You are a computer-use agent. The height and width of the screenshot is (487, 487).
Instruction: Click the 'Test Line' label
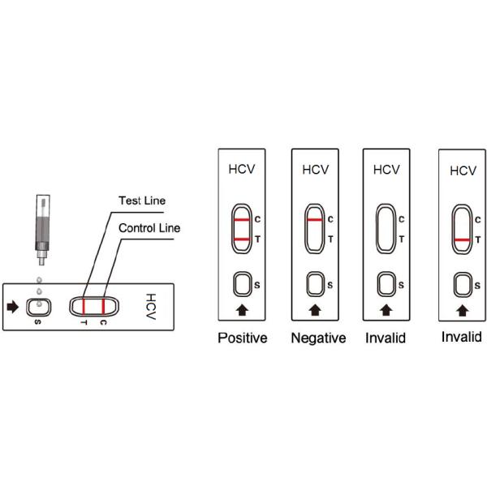point(142,200)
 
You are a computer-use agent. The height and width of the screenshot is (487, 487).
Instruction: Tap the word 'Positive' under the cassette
point(242,338)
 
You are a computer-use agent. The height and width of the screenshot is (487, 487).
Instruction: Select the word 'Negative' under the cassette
point(318,338)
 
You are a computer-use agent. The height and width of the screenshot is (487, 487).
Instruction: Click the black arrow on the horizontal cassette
point(14,306)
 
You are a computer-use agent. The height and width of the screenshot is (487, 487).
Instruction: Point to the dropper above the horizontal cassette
point(41,231)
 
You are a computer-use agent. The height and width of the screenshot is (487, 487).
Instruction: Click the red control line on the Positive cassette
point(242,220)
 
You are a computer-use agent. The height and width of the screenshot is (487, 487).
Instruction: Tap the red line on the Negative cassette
point(315,220)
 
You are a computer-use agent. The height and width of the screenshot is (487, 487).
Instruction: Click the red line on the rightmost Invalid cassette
point(462,240)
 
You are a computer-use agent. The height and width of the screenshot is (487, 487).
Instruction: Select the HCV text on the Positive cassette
point(242,170)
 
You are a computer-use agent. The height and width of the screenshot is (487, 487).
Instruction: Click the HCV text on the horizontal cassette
point(150,306)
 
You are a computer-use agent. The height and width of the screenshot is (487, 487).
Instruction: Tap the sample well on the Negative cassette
point(315,284)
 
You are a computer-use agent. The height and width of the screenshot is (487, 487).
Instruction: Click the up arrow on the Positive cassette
point(242,309)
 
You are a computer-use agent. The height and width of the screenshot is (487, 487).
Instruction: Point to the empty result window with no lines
point(386,229)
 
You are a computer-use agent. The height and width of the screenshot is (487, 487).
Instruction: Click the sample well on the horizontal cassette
point(40,306)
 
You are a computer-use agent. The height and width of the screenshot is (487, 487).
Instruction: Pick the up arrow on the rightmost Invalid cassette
point(462,309)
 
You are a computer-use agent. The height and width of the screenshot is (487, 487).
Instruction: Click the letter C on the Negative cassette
point(330,220)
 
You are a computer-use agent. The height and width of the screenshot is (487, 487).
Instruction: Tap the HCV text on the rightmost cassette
point(463,170)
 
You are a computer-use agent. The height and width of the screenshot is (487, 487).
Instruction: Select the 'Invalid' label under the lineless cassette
point(386,338)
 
